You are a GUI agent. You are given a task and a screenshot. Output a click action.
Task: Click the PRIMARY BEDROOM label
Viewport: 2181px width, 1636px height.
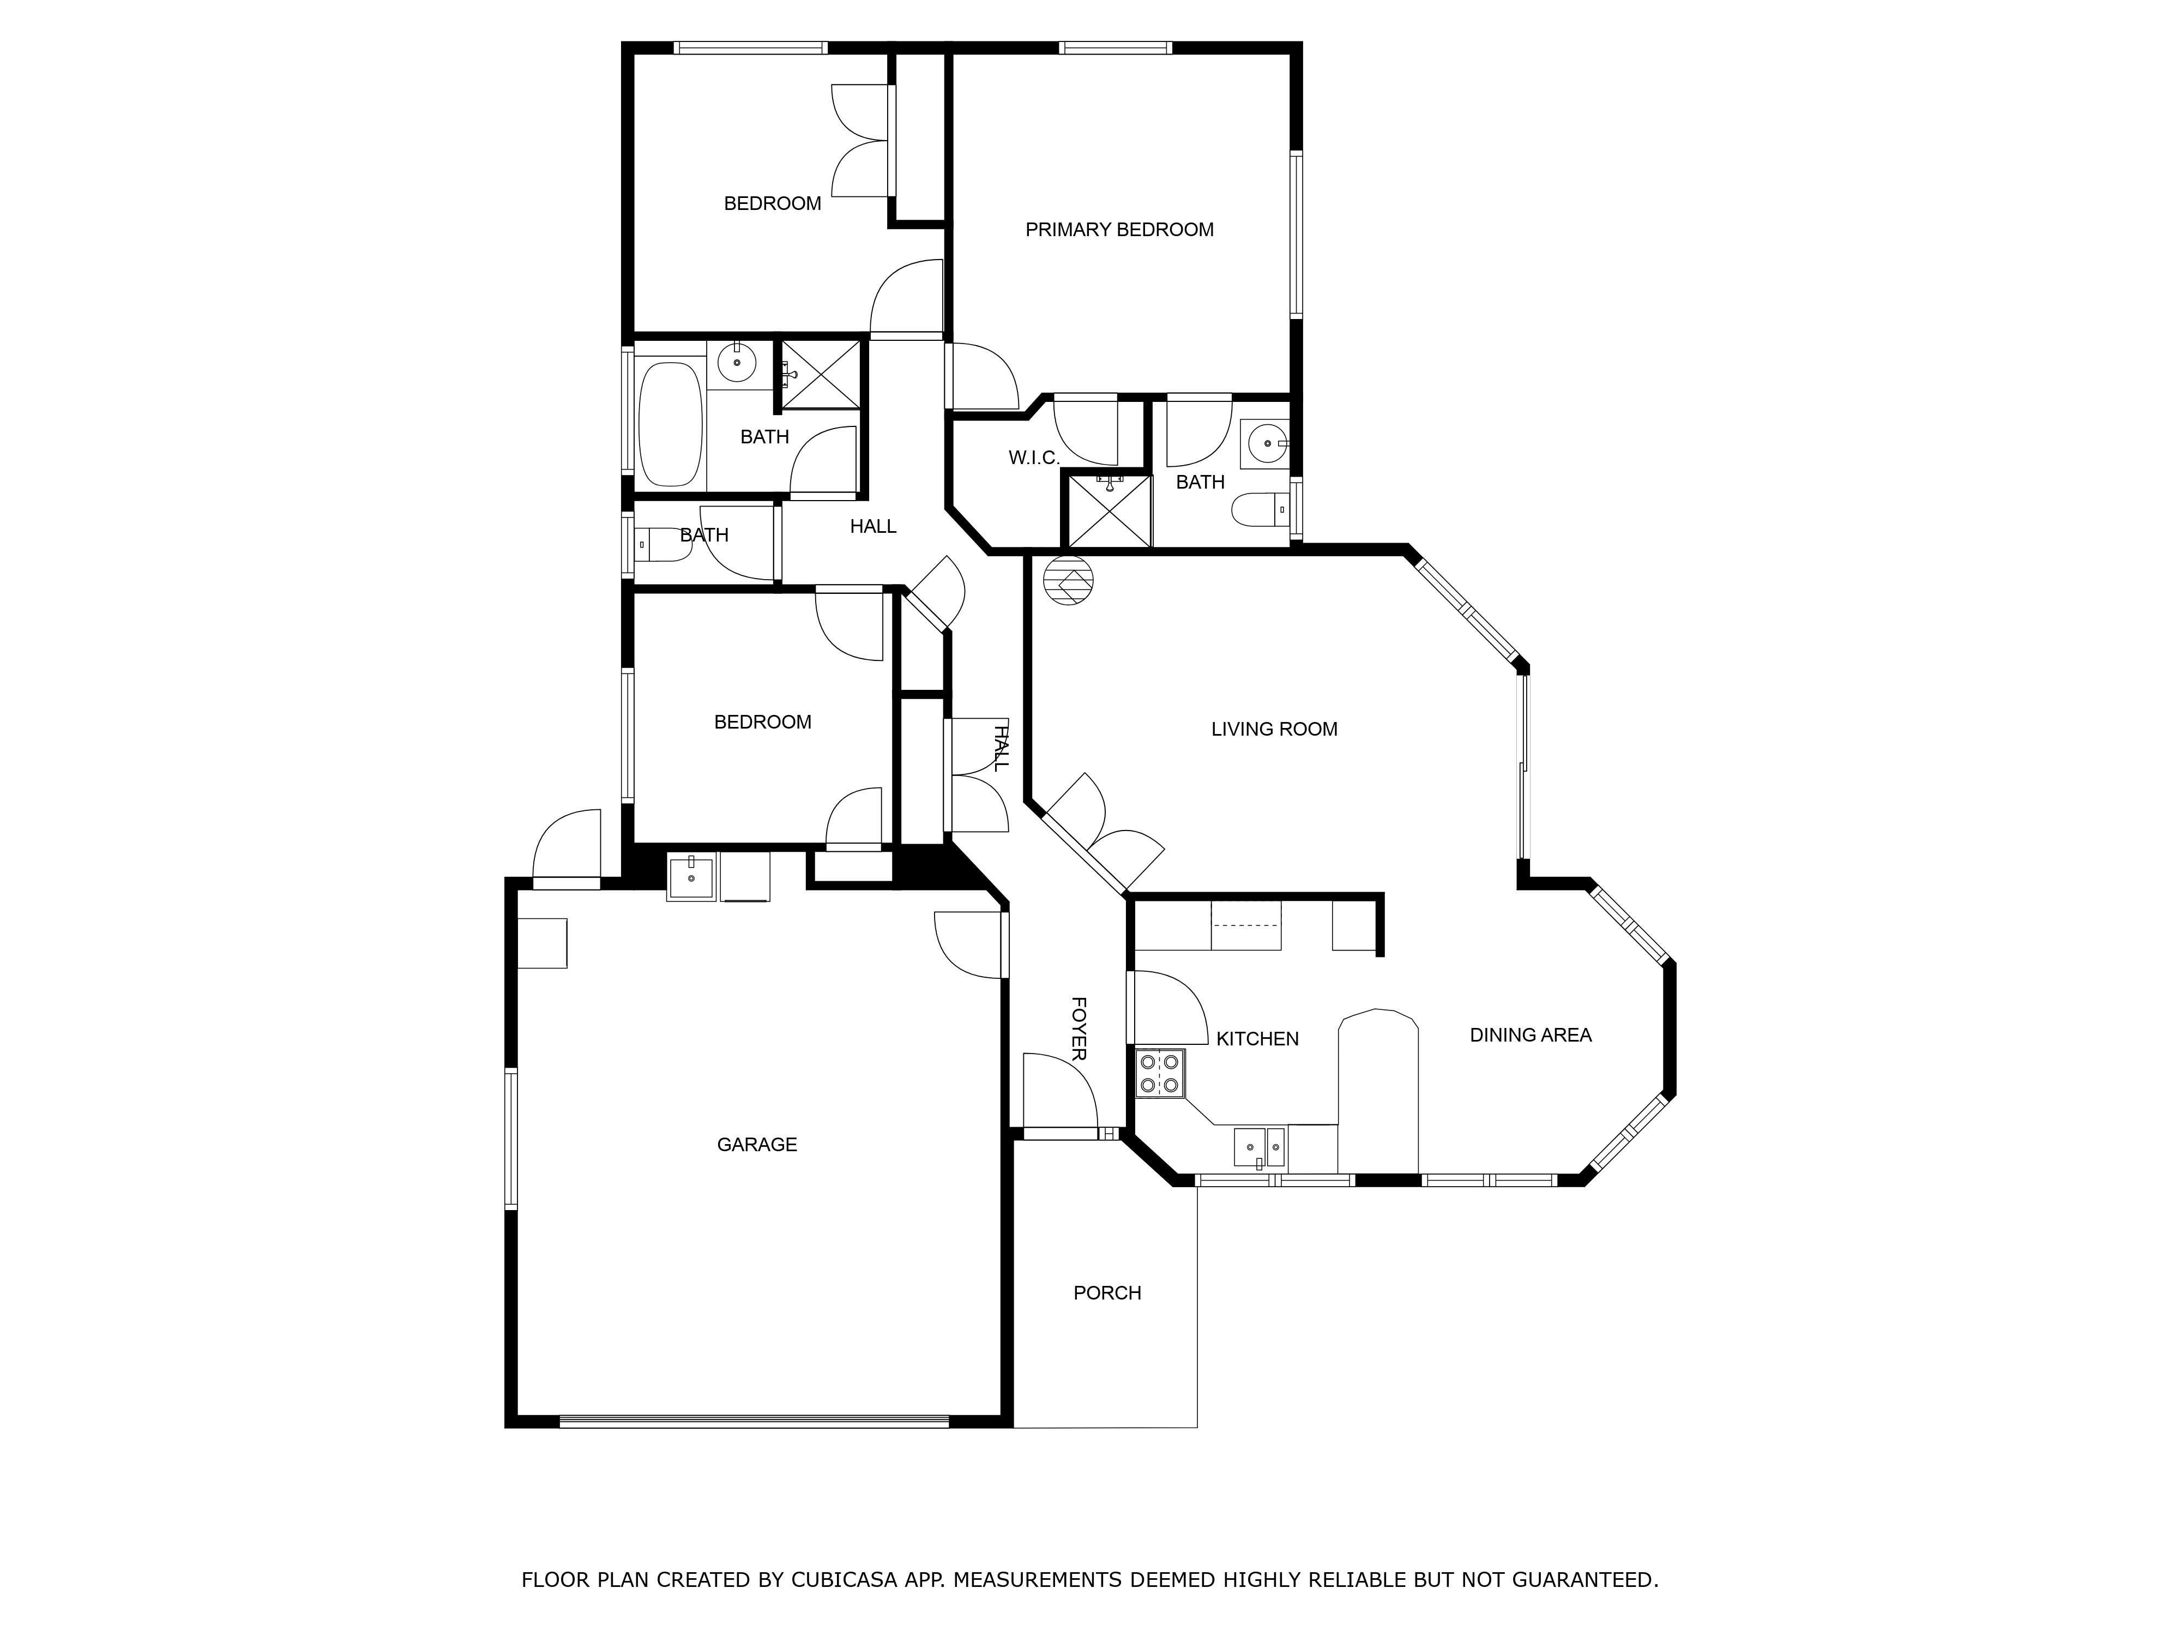[1119, 230]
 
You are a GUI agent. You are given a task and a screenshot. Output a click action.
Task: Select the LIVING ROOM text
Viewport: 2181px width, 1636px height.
[1274, 730]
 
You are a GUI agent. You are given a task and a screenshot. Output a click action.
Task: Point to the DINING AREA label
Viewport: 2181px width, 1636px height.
[1531, 1036]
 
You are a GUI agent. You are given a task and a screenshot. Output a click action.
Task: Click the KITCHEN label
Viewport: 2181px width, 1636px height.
[1257, 1039]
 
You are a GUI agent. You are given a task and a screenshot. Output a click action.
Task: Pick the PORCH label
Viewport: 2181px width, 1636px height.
[1107, 1293]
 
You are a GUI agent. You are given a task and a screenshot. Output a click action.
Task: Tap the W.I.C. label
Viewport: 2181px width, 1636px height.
[1033, 459]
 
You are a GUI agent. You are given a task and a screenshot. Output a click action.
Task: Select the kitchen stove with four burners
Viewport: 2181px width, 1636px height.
[1160, 1074]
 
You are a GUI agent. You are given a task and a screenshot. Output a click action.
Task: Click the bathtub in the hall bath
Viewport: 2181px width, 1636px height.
[671, 424]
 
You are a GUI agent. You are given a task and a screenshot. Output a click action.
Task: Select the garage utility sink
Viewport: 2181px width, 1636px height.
[691, 877]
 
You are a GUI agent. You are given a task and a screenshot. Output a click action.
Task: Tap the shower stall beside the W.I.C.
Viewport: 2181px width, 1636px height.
[1110, 511]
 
